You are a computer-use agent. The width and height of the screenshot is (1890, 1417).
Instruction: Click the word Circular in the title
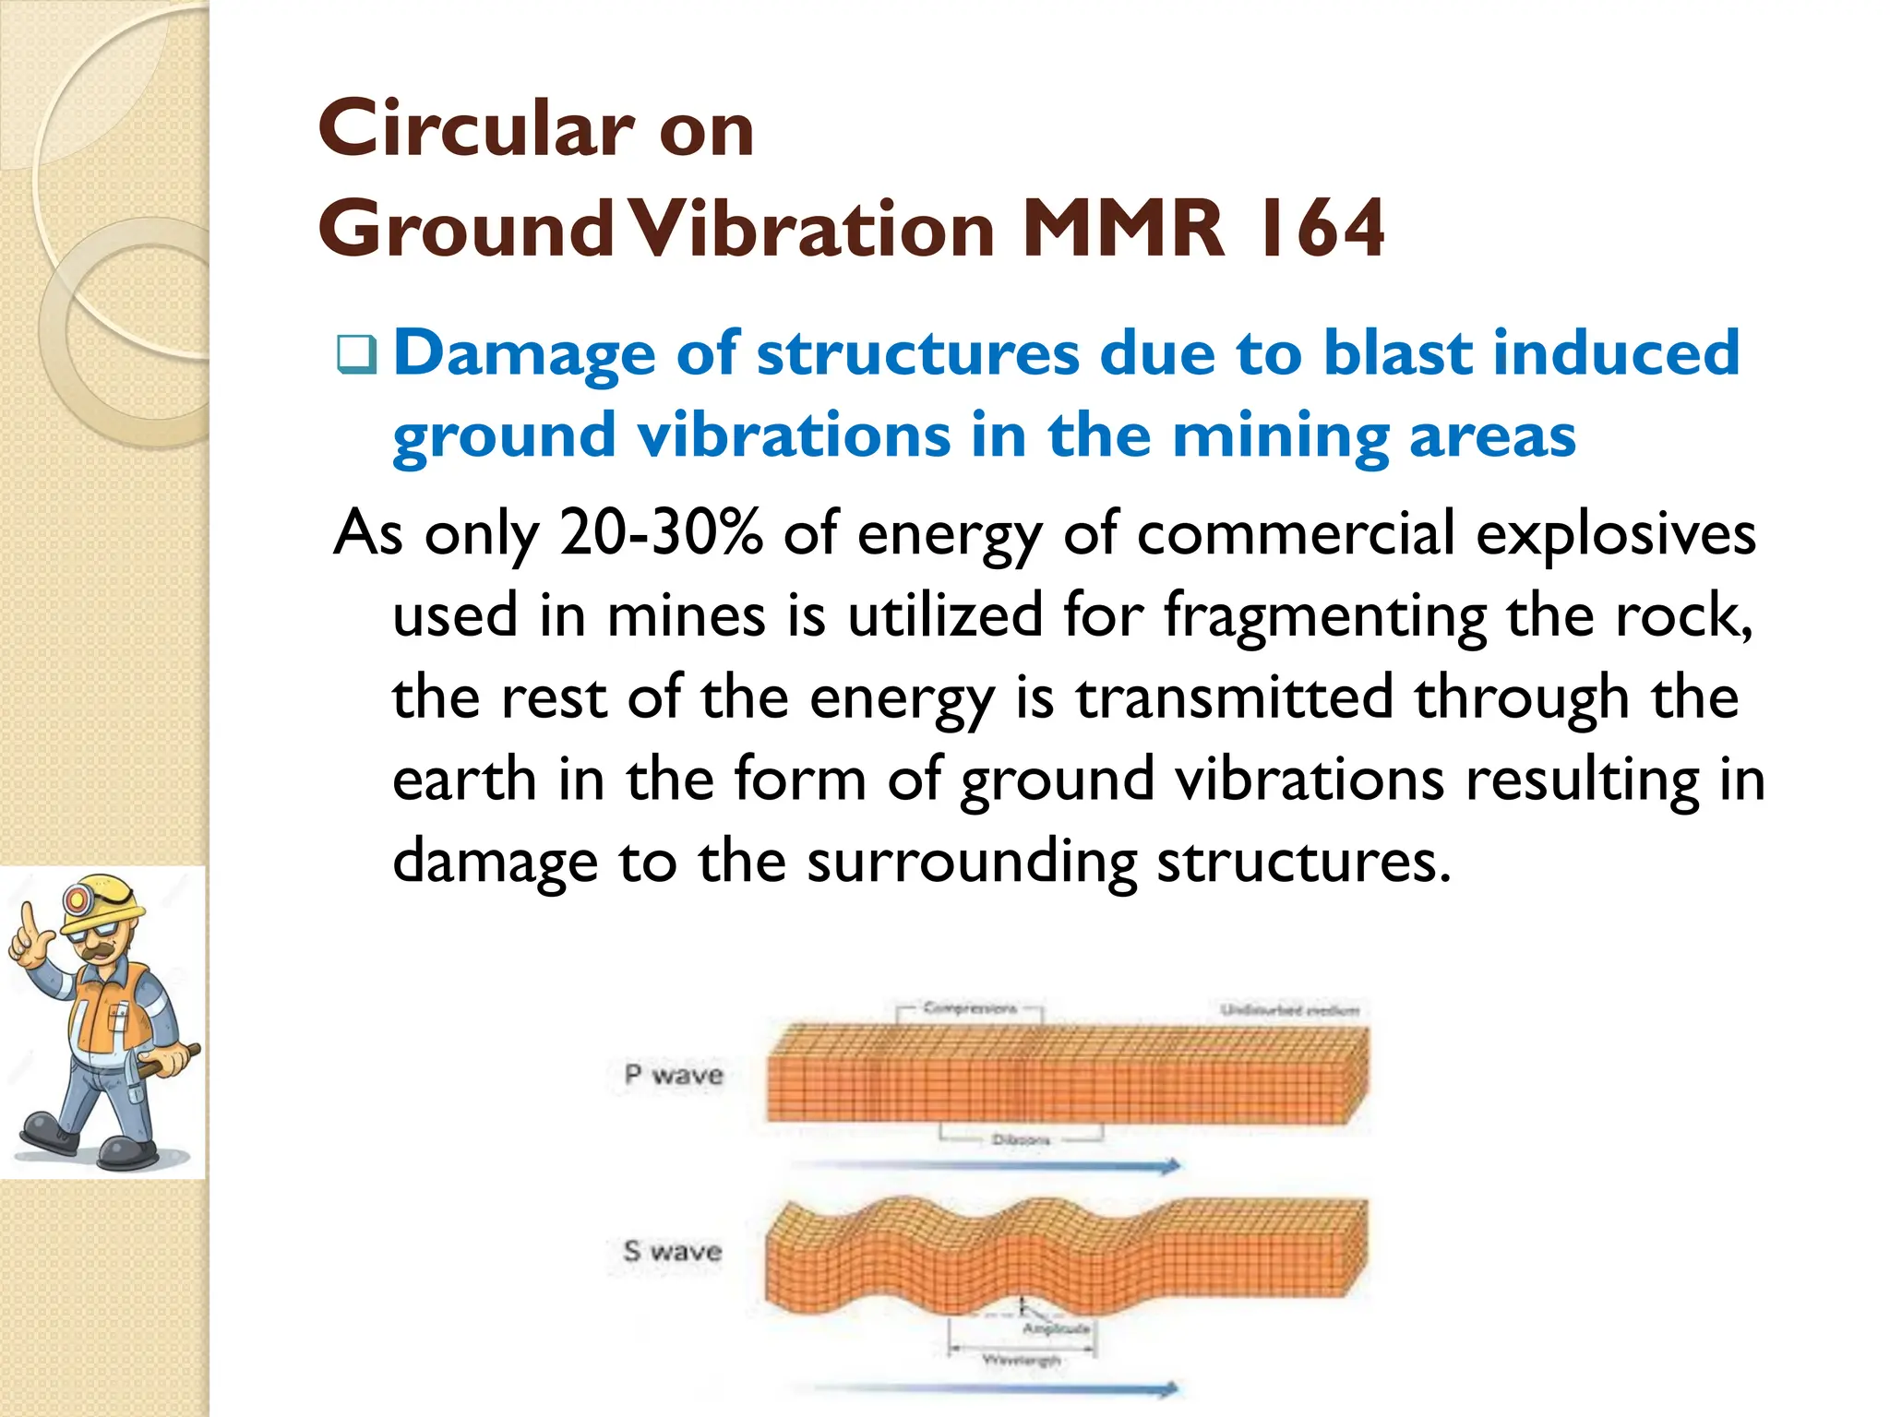(475, 129)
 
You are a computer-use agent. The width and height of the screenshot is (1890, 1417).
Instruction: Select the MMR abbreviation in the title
(1124, 229)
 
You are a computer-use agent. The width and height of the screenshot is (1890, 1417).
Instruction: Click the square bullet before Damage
(356, 355)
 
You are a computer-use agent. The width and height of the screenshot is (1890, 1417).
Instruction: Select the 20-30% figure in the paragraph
(662, 533)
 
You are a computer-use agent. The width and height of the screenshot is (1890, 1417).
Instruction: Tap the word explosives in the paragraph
(1616, 533)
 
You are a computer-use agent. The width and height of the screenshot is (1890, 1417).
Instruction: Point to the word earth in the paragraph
(464, 780)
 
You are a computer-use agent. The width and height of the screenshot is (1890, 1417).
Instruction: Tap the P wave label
(674, 1075)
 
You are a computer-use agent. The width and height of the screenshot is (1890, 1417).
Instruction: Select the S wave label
(672, 1251)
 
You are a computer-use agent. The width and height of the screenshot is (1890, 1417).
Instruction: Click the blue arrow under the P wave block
(987, 1166)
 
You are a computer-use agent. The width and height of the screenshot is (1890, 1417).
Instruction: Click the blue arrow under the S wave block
(987, 1389)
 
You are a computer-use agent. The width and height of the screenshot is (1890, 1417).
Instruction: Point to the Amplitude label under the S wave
(1056, 1328)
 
